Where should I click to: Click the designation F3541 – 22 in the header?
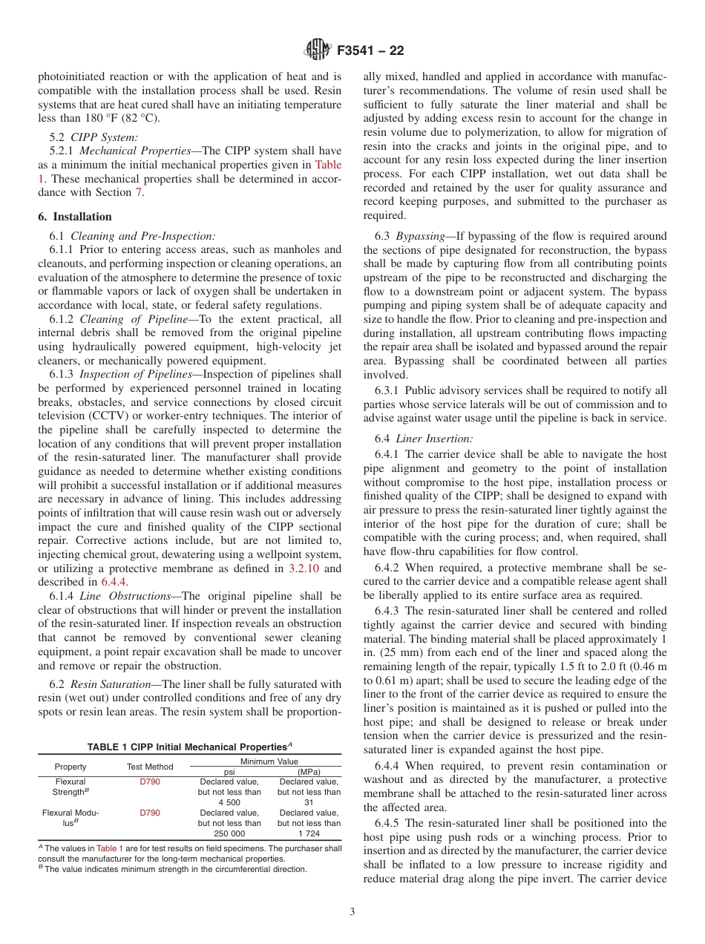[x=370, y=51]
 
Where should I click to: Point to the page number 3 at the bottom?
[x=352, y=912]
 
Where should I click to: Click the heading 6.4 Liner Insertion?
[x=423, y=439]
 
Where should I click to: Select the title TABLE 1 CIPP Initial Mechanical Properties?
[x=189, y=747]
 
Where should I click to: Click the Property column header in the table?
[x=70, y=767]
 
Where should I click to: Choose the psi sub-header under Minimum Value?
[x=229, y=771]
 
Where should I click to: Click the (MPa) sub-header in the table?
[x=309, y=771]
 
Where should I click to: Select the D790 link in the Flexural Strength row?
[x=150, y=781]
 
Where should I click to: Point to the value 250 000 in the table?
[x=229, y=833]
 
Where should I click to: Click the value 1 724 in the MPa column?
[x=309, y=833]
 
